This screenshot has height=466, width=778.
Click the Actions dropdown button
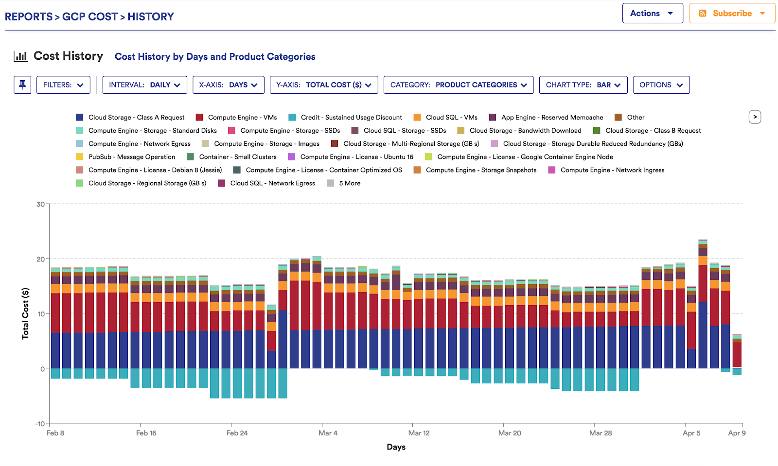pos(652,14)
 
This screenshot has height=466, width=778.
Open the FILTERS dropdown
pos(63,85)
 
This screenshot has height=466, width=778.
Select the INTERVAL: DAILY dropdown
pos(144,85)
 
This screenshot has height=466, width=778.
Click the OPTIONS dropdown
pos(661,85)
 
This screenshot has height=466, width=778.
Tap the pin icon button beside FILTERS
pos(22,85)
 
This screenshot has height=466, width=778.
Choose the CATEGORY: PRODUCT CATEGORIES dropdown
pos(458,85)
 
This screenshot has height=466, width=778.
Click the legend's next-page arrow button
pos(755,117)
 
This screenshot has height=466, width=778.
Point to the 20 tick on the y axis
pos(41,259)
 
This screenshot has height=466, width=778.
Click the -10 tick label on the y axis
pos(40,424)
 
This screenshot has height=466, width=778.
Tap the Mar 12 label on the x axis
pos(419,433)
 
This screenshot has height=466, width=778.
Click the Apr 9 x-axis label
pos(736,433)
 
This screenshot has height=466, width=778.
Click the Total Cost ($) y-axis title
pos(25,313)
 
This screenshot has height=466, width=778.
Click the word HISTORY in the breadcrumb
pos(150,17)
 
